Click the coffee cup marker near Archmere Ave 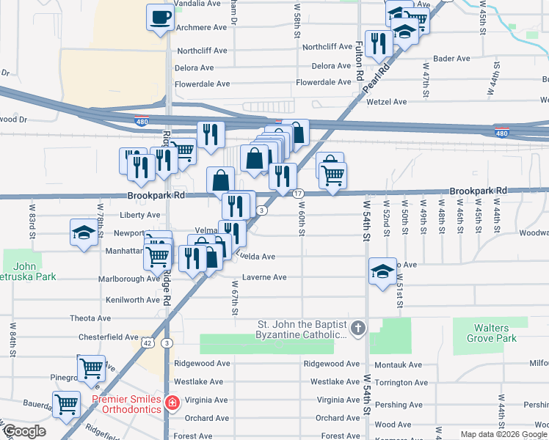[x=160, y=17]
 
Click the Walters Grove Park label [x=491, y=332]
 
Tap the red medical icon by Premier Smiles [x=172, y=403]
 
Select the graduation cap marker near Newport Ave [x=84, y=233]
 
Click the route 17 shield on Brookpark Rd [x=298, y=193]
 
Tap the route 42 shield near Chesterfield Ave [x=148, y=342]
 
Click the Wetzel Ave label [x=386, y=102]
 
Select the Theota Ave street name [x=90, y=318]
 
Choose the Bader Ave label [x=452, y=59]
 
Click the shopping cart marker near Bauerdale [x=66, y=404]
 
